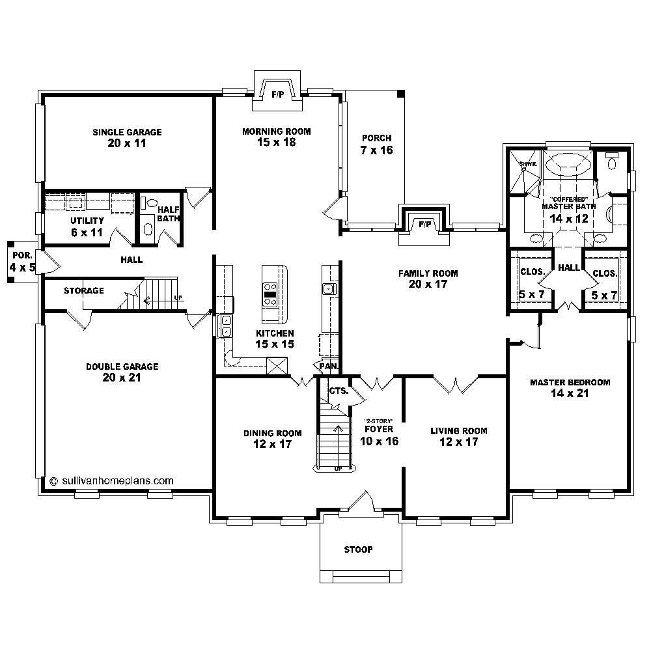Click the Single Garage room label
[x=127, y=132]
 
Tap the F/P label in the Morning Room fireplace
[x=277, y=95]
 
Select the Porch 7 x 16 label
[x=376, y=144]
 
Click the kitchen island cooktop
[x=270, y=295]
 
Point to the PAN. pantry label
[x=328, y=367]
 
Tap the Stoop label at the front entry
[x=358, y=549]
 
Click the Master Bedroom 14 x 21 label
[x=570, y=388]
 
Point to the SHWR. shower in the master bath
[x=528, y=165]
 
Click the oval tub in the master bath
[x=569, y=165]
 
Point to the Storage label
[x=83, y=290]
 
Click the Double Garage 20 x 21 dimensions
[x=122, y=377]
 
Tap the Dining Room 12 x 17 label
[x=273, y=439]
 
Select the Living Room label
[x=458, y=431]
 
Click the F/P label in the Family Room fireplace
[x=425, y=225]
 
